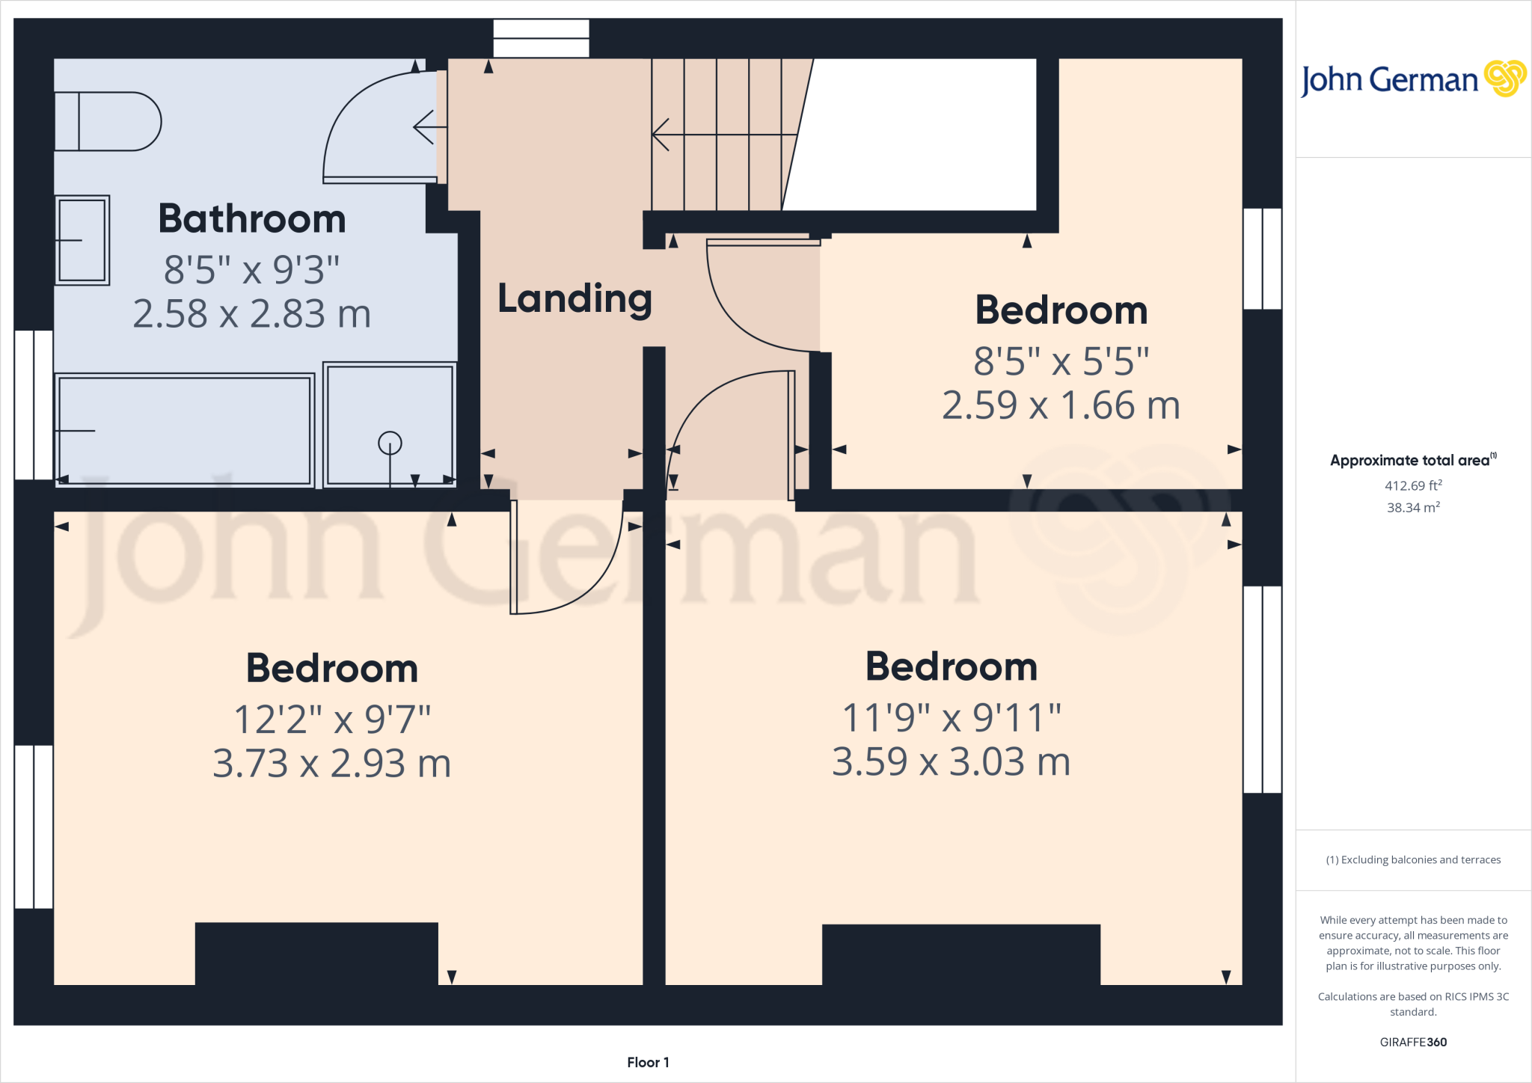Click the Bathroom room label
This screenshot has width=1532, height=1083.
click(x=252, y=219)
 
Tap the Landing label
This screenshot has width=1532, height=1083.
click(x=574, y=298)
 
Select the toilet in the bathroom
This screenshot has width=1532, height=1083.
click(x=108, y=121)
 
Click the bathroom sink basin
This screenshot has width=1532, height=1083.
click(x=82, y=240)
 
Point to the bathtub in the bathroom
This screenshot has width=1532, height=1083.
click(x=184, y=430)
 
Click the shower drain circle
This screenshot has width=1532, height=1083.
click(x=390, y=444)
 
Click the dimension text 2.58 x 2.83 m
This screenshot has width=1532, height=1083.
click(x=252, y=313)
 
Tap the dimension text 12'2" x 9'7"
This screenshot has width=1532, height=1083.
click(x=332, y=720)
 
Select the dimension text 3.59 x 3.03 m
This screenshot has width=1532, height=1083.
click(x=952, y=762)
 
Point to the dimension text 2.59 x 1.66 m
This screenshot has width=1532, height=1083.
click(x=1061, y=405)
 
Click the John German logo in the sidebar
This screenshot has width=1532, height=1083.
click(x=1413, y=79)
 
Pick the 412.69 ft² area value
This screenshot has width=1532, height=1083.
click(x=1413, y=485)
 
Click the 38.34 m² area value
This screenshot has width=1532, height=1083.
click(x=1413, y=507)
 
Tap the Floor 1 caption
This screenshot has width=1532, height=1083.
click(x=648, y=1062)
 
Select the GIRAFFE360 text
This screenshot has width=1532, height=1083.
click(x=1413, y=1042)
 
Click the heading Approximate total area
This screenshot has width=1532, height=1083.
click(x=1411, y=461)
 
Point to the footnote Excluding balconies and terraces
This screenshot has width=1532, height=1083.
click(x=1413, y=860)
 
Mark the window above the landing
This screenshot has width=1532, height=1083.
click(x=541, y=38)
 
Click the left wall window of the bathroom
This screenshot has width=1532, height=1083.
click(x=34, y=405)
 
